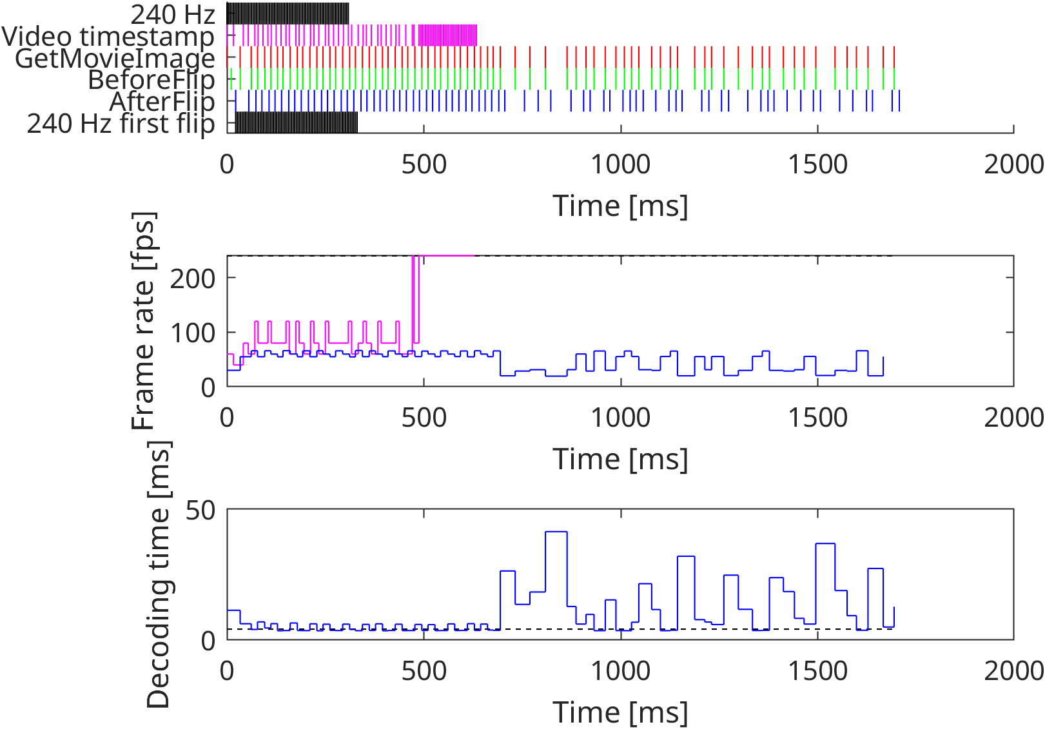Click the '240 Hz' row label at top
[x=172, y=14]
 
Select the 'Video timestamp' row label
[x=108, y=36]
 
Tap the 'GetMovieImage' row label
[x=115, y=58]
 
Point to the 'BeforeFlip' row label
[x=151, y=80]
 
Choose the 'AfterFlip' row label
[x=162, y=102]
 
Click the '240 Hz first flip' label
[x=121, y=124]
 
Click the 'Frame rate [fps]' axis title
[x=144, y=321]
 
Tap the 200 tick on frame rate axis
[x=192, y=278]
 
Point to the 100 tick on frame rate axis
[x=192, y=333]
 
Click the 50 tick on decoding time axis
[x=200, y=510]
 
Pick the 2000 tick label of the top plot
[x=1013, y=165]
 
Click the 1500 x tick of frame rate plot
[x=817, y=418]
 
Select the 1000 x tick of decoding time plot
[x=621, y=672]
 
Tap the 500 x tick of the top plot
[x=424, y=165]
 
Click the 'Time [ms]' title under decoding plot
[x=620, y=712]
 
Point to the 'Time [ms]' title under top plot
[x=620, y=206]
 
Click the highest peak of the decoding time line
[x=556, y=532]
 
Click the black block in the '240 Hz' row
[x=288, y=14]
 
